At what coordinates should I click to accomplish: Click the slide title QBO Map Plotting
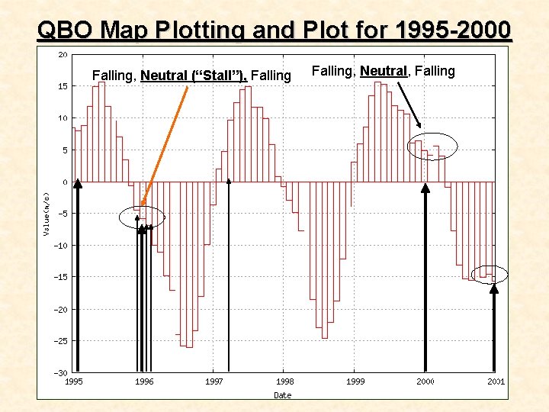pyautogui.click(x=274, y=30)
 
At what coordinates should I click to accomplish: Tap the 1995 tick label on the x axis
pyautogui.click(x=74, y=381)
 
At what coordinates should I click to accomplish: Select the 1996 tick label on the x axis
pyautogui.click(x=144, y=381)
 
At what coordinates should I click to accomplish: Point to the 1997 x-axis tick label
pyautogui.click(x=214, y=381)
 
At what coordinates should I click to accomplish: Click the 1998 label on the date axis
pyautogui.click(x=284, y=381)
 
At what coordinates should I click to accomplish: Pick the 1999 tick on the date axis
pyautogui.click(x=355, y=381)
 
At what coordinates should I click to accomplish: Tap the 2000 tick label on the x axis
pyautogui.click(x=425, y=381)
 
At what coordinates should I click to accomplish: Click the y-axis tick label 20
pyautogui.click(x=63, y=55)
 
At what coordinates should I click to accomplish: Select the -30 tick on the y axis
pyautogui.click(x=60, y=373)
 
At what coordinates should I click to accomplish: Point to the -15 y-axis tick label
pyautogui.click(x=60, y=278)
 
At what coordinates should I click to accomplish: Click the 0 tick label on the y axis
pyautogui.click(x=65, y=182)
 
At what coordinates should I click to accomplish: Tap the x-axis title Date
pyautogui.click(x=282, y=394)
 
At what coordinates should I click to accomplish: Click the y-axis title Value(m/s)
pyautogui.click(x=47, y=206)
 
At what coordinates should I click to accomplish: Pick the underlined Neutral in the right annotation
pyautogui.click(x=384, y=71)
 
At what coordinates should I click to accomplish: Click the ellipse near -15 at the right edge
pyautogui.click(x=489, y=275)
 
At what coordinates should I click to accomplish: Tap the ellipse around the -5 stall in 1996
pyautogui.click(x=142, y=217)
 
